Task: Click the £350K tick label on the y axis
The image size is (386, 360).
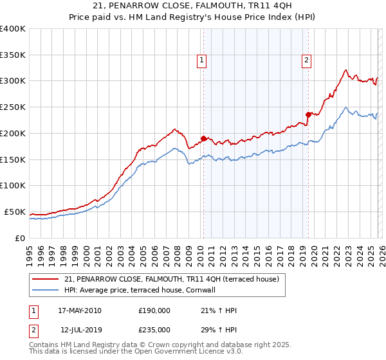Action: click(x=13, y=55)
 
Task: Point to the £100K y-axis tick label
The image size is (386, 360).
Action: click(x=13, y=185)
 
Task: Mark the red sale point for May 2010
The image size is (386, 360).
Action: click(x=204, y=138)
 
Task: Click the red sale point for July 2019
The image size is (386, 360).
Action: click(x=308, y=114)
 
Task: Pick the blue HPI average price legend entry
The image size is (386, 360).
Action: click(x=139, y=290)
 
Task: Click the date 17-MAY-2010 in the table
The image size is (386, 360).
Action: click(x=80, y=310)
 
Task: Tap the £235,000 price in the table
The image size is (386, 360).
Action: click(x=154, y=329)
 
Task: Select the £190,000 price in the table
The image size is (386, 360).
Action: click(x=154, y=310)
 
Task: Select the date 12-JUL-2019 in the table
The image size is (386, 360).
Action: click(x=80, y=329)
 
